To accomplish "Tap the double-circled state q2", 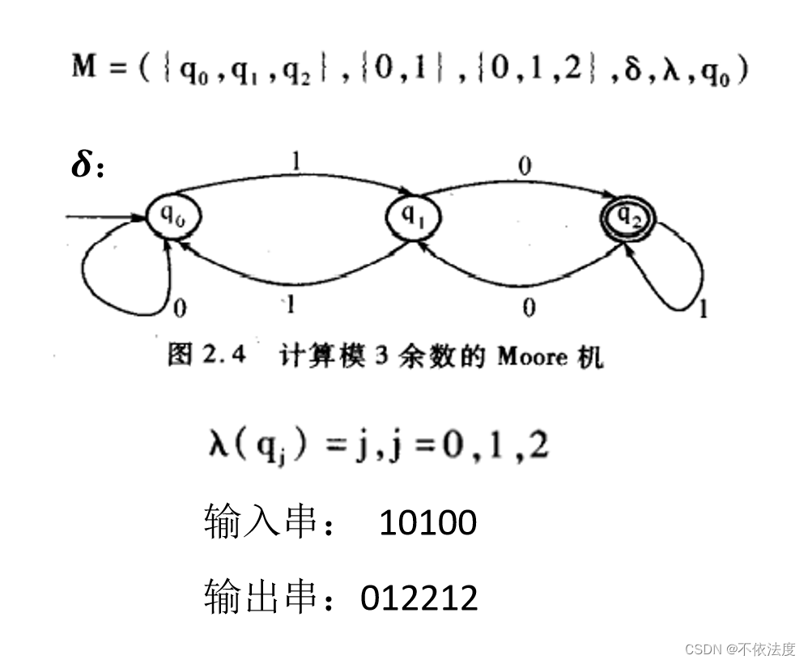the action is pos(627,216).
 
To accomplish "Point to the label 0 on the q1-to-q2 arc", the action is pos(525,167).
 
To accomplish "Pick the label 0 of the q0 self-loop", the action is pos(180,308).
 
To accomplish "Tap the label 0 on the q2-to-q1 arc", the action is pos(529,307).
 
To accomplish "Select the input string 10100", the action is pos(427,523).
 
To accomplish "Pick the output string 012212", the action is pos(419,598).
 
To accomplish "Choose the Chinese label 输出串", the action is pos(258,598).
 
